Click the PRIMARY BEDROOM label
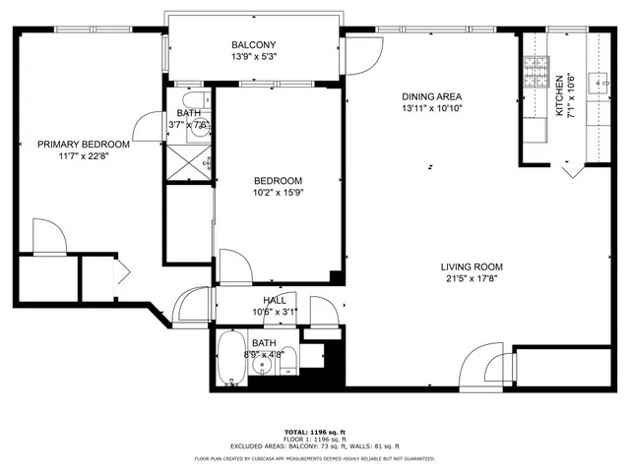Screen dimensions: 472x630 [x=84, y=145]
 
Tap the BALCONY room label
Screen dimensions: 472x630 [x=253, y=45]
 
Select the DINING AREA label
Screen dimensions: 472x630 [x=431, y=96]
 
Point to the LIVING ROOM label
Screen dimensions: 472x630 [x=472, y=266]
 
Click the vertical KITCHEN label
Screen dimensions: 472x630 [x=560, y=96]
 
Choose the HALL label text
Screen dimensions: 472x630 [x=275, y=301]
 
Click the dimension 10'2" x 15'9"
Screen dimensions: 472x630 [x=278, y=193]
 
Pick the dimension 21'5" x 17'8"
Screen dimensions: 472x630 [x=472, y=279]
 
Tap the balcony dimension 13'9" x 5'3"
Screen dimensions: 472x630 [x=253, y=57]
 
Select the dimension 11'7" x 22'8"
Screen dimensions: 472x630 [x=84, y=156]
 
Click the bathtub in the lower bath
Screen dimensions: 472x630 [x=232, y=360]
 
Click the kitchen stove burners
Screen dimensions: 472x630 [x=536, y=72]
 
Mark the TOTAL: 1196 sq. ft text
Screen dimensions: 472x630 [x=314, y=432]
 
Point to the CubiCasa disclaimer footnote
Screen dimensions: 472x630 [x=314, y=458]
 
